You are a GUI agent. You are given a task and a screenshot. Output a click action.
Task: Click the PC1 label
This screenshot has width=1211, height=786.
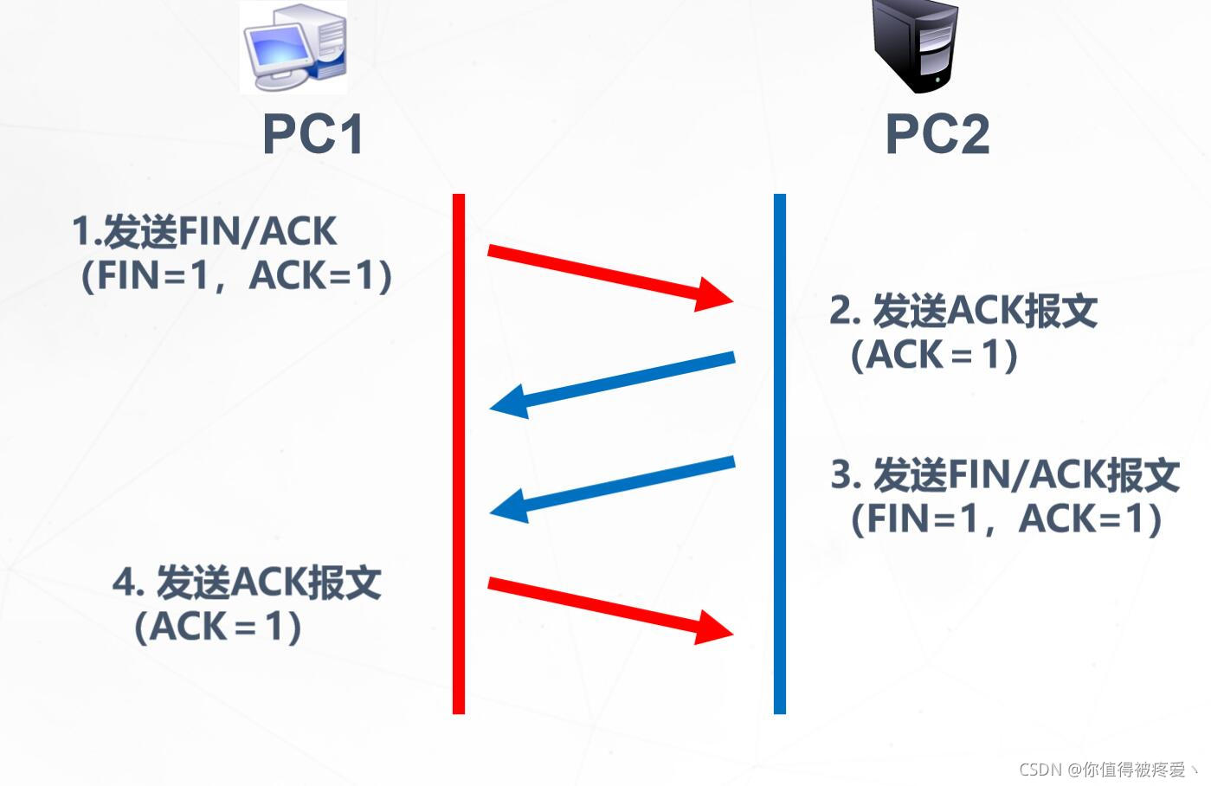click(312, 134)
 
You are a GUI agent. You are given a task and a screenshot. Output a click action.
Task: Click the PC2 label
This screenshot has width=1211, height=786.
click(937, 134)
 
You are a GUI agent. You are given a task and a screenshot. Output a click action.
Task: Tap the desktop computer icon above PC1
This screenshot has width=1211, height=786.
click(293, 47)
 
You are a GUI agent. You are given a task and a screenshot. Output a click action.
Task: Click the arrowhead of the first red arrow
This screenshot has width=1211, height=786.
click(715, 295)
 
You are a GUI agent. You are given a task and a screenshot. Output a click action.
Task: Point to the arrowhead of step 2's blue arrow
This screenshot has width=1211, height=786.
click(509, 403)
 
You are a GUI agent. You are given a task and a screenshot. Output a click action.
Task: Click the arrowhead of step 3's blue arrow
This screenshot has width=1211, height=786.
click(509, 506)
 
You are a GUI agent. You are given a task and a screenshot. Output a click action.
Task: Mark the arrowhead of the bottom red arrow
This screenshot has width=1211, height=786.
click(715, 627)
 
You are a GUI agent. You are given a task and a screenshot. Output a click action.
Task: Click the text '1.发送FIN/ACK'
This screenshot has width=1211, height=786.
click(204, 231)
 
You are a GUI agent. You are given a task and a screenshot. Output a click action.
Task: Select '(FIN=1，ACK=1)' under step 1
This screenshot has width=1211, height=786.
click(235, 276)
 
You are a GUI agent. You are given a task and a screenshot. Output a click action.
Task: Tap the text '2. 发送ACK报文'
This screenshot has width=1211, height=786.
click(963, 311)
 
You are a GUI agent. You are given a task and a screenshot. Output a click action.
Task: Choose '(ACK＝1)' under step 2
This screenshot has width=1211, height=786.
click(934, 355)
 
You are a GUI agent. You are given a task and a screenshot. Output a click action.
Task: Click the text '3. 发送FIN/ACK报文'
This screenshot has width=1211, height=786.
click(1005, 474)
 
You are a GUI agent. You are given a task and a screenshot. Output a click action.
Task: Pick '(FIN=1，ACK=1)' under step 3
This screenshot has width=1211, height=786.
click(1006, 519)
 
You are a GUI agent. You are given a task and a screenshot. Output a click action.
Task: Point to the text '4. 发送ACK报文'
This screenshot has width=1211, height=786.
click(247, 583)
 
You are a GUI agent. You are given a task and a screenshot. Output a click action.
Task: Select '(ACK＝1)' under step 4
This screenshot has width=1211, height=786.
click(217, 627)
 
